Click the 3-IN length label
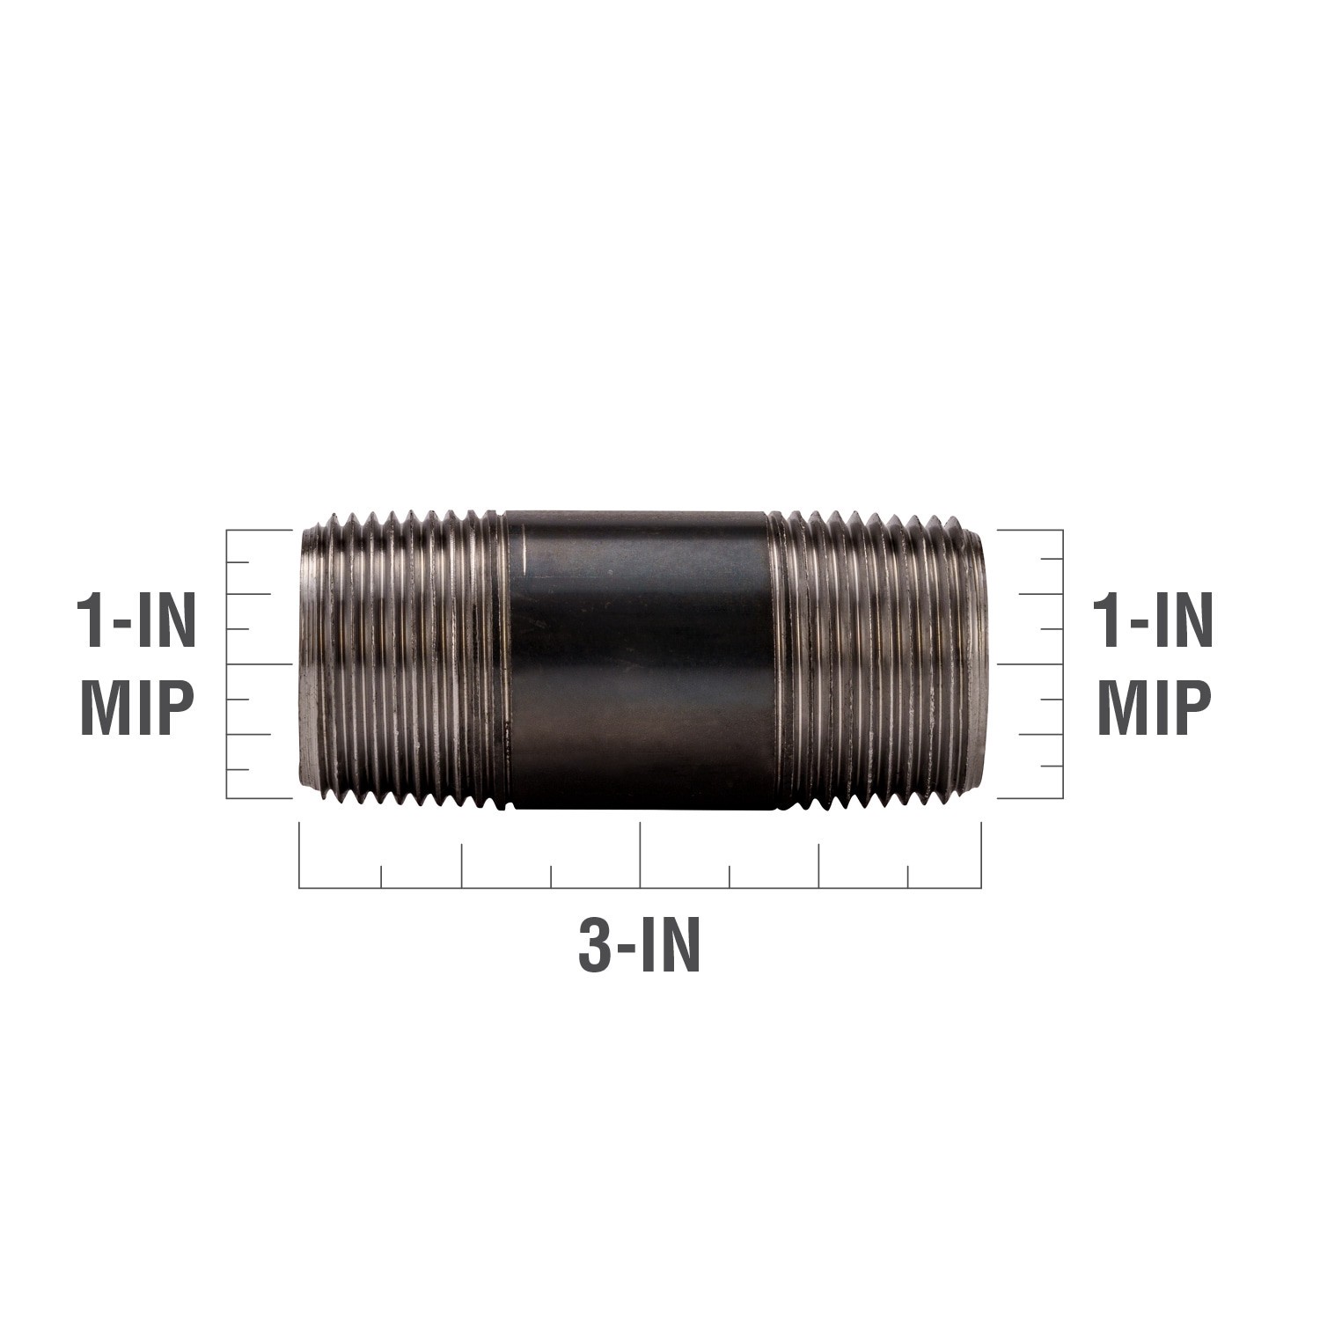click(640, 945)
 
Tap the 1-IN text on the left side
click(136, 622)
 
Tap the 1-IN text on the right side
click(1153, 622)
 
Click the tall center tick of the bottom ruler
click(640, 854)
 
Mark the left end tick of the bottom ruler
click(300, 854)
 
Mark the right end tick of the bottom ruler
click(980, 854)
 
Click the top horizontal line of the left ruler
click(259, 531)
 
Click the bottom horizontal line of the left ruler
click(259, 798)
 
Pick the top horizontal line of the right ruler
click(1030, 531)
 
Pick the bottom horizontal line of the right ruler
click(1030, 798)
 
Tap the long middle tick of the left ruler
click(259, 664)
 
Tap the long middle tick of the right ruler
click(1030, 664)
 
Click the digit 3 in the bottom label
click(595, 945)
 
